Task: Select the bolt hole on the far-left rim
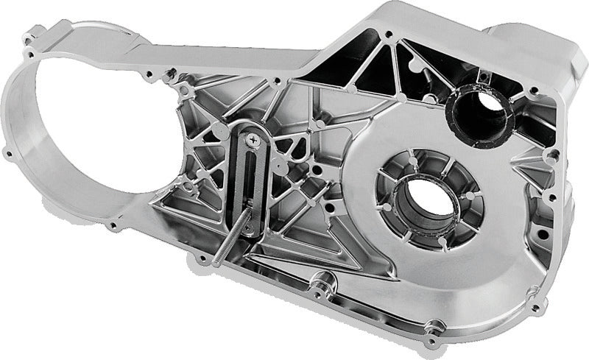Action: [8, 154]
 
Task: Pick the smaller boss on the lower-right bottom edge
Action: [435, 325]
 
